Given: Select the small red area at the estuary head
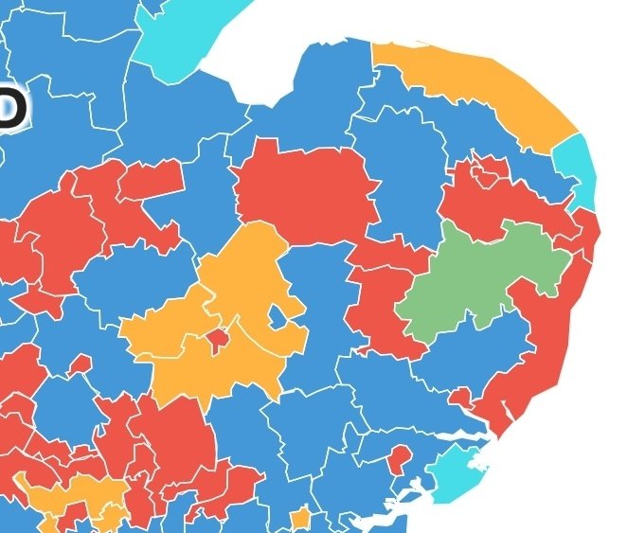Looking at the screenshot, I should coord(461,399).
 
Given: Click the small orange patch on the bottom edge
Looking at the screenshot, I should coord(300,519).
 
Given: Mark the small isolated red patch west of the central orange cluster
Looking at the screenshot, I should coord(81,364).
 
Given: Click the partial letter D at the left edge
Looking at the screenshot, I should coord(9,109).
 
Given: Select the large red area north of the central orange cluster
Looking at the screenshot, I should coord(303,189).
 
